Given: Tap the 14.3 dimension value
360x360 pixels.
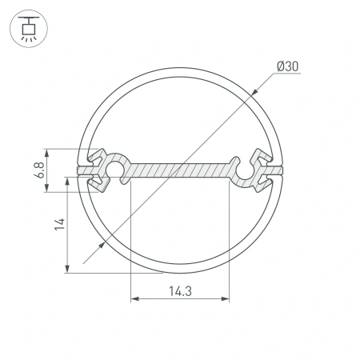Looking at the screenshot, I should [180, 291].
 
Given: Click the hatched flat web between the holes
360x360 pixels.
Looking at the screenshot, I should [180, 170].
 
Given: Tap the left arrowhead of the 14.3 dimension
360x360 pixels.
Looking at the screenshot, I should [134, 301].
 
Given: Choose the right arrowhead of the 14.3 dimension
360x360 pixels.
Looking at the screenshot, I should [226, 301].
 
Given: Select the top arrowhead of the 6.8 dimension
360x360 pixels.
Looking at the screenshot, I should [50, 151].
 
